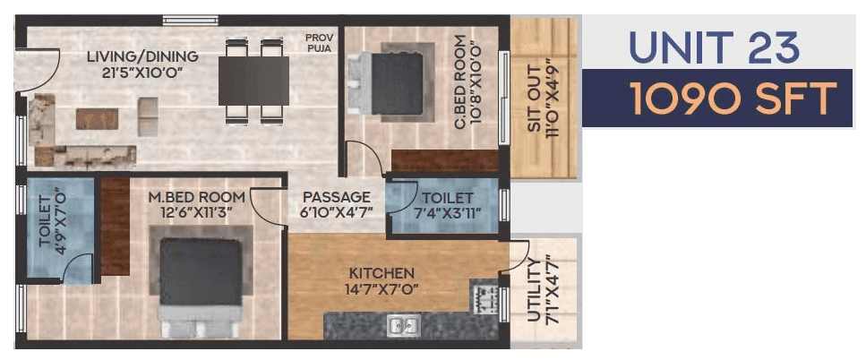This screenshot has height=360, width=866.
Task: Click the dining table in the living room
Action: (x=253, y=81)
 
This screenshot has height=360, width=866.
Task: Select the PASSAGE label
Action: (x=336, y=197)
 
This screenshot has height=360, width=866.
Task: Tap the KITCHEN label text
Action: (x=382, y=272)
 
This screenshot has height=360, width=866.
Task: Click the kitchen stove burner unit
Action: (x=483, y=296)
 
